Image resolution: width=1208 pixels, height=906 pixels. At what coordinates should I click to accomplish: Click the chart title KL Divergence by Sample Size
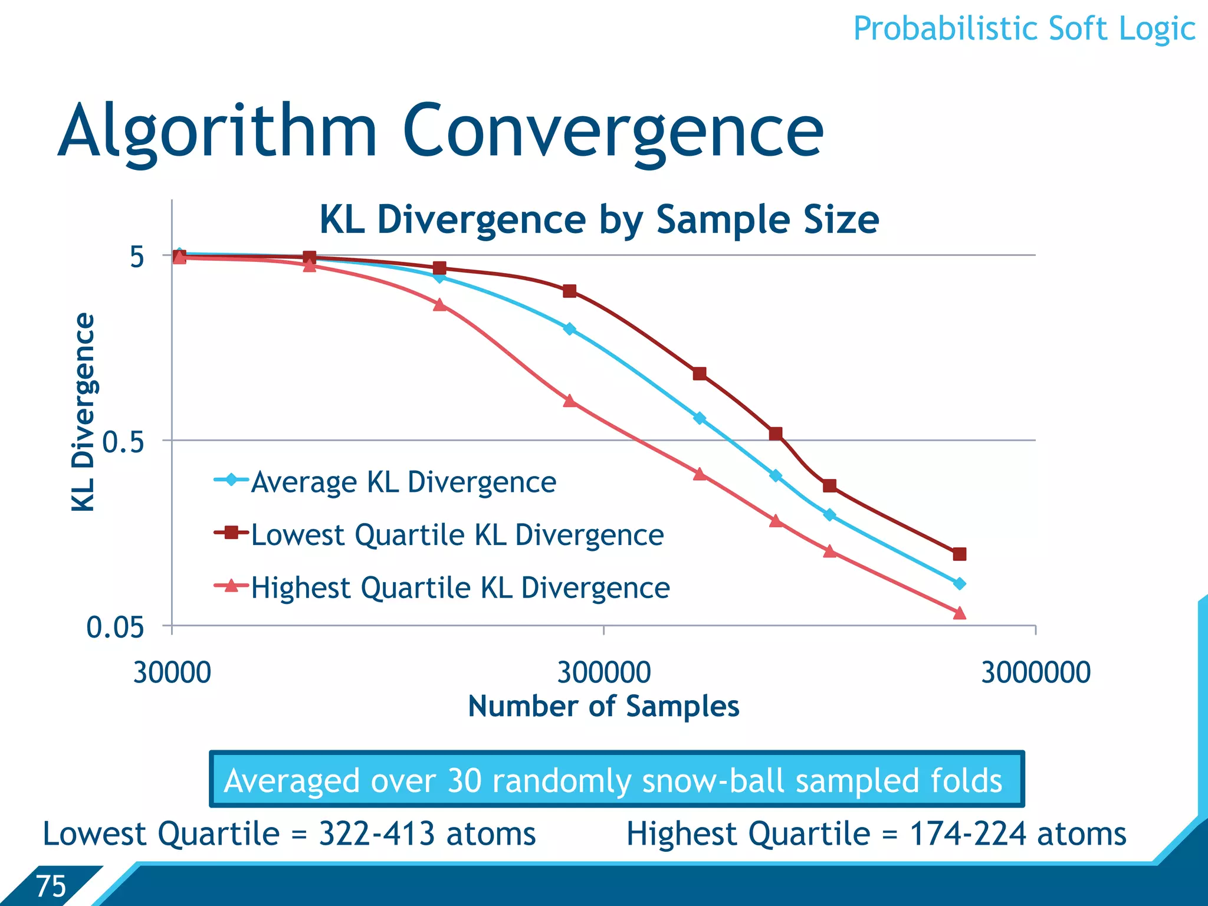pos(599,220)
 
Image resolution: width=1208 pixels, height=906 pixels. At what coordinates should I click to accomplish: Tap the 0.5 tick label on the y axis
pos(123,442)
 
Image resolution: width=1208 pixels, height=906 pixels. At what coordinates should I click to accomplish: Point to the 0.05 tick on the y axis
pos(115,627)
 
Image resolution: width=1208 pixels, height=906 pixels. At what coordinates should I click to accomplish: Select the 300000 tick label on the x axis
pos(603,672)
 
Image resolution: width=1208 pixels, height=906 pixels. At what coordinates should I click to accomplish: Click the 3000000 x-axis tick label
pos(1035,672)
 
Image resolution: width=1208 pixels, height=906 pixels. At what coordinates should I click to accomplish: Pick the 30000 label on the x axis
pos(172,672)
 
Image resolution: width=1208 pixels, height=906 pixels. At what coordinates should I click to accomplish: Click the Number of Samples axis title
pos(603,707)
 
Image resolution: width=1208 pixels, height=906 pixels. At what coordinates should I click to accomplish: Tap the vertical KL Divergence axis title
pos(83,412)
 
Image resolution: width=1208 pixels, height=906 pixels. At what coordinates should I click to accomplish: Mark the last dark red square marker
pos(959,554)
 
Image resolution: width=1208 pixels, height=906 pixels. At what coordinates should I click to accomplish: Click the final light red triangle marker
pos(959,613)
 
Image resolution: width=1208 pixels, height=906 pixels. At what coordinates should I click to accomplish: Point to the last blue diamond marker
pos(959,583)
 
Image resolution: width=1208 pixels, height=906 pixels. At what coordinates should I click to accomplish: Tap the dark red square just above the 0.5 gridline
pos(776,434)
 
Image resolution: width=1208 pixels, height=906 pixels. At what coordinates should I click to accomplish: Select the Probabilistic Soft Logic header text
pos(1024,29)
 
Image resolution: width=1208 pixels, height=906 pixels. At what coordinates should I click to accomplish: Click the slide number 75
pos(51,886)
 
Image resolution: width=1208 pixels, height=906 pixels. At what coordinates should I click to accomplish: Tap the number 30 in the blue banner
pos(465,781)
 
